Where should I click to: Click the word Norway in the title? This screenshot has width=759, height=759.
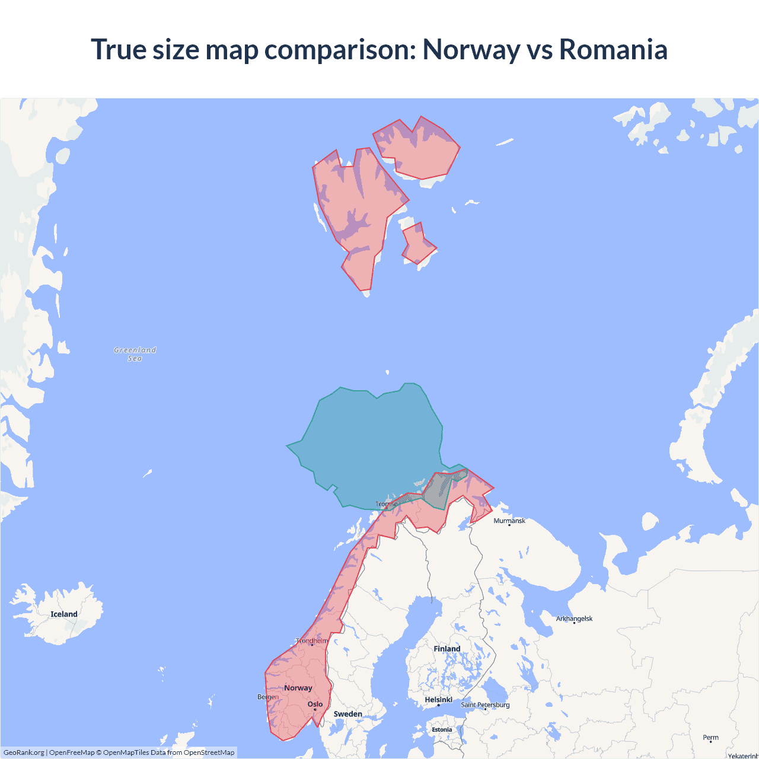coord(471,49)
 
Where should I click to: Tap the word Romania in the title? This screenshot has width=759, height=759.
coord(613,49)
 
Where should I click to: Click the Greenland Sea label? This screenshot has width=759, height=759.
coord(135,354)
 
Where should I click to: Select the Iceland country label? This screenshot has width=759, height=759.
coord(64,614)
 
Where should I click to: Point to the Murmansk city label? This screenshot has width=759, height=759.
coord(509,521)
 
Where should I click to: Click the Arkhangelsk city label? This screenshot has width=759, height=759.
coord(574,618)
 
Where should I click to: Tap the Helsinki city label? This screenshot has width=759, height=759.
coord(439,700)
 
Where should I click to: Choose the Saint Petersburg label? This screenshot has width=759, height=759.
coord(485,704)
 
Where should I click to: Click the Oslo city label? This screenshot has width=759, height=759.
coord(315,704)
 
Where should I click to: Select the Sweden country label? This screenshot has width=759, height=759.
coord(347,714)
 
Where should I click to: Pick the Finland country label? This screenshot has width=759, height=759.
coord(447,649)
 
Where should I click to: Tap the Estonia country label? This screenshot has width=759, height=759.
coord(442,730)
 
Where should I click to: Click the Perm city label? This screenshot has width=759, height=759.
coord(710,738)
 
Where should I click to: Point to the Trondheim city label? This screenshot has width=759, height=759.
coord(312,641)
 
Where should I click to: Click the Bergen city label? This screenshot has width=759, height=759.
coord(267,697)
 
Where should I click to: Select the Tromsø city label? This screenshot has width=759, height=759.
coord(386,504)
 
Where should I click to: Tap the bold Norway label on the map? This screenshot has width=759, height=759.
coord(298,688)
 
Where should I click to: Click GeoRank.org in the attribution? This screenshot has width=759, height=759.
coord(24,752)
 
